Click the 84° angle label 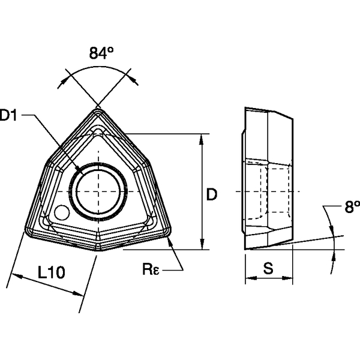(101, 53)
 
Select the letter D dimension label (211, 194)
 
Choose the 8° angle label (352, 208)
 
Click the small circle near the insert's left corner (61, 213)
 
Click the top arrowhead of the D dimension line (203, 137)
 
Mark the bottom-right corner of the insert (168, 231)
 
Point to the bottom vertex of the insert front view (97, 251)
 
